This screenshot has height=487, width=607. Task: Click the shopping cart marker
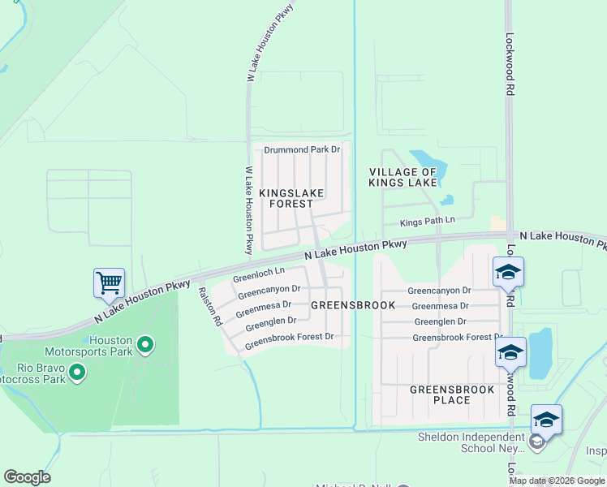coord(109,283)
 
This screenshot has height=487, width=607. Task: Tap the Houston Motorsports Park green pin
coord(145,346)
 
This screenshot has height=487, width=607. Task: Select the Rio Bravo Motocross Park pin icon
coord(77,373)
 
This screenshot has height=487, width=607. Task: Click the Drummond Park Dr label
coord(302,150)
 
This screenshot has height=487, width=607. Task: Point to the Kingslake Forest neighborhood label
coord(291,198)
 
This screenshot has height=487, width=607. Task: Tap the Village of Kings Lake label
coord(403,178)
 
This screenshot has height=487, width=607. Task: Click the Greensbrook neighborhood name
coord(352,305)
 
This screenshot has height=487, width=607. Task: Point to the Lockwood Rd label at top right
coord(510,65)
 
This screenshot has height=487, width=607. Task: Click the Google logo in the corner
coord(27,477)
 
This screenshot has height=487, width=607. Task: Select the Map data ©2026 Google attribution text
coord(557,481)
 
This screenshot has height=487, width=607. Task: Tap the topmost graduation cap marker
coord(508,272)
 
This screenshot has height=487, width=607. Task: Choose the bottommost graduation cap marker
coord(546,420)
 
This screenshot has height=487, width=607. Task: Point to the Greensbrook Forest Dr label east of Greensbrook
coord(457,337)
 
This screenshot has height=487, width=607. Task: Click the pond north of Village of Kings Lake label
coord(424,158)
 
